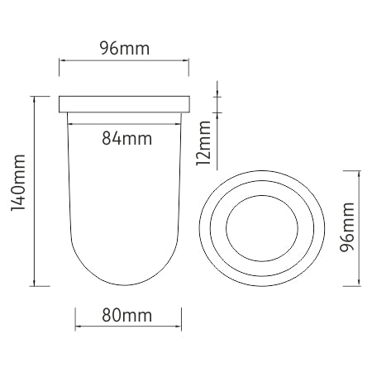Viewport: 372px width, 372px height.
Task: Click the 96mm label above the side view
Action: pyautogui.click(x=125, y=48)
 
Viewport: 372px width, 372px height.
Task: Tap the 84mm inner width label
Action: pyautogui.click(x=126, y=138)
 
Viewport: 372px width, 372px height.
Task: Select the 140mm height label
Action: pyautogui.click(x=18, y=183)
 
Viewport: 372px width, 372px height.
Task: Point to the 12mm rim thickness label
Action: pyautogui.click(x=203, y=143)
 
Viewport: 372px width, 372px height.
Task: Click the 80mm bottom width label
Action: pyautogui.click(x=126, y=315)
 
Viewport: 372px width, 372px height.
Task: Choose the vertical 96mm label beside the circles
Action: pyautogui.click(x=347, y=227)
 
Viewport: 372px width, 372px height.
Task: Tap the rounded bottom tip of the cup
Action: pyautogui.click(x=125, y=285)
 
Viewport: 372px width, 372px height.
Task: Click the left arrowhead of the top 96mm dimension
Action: pyautogui.click(x=61, y=60)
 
